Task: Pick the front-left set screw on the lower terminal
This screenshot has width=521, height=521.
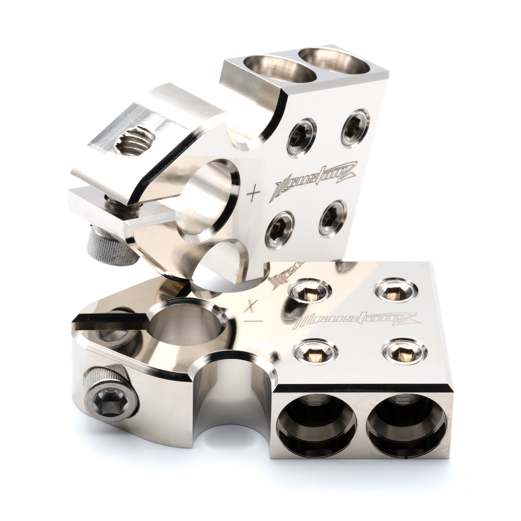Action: click(315, 351)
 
